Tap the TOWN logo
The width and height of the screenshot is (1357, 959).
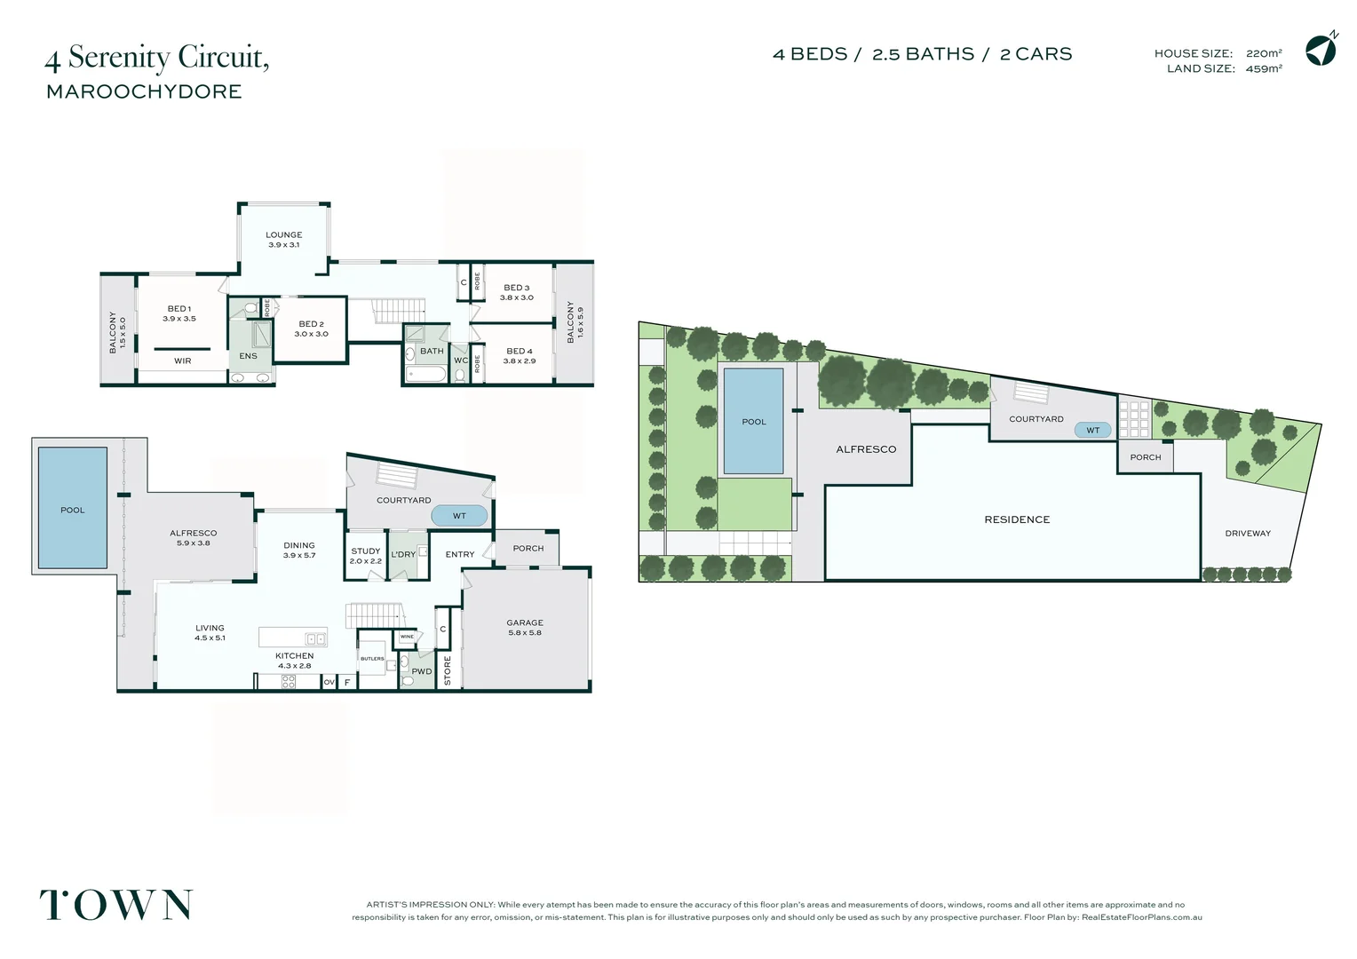pyautogui.click(x=115, y=905)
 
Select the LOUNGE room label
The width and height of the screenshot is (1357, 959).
pyautogui.click(x=283, y=235)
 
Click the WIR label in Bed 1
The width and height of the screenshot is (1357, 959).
pyautogui.click(x=182, y=361)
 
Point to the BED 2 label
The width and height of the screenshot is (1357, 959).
pyautogui.click(x=312, y=324)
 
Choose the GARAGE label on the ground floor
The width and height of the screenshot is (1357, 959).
pyautogui.click(x=525, y=622)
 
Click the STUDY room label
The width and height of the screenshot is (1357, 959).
pyautogui.click(x=365, y=551)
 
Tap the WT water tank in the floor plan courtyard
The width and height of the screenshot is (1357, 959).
pyautogui.click(x=459, y=516)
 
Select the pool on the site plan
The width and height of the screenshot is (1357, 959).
pyautogui.click(x=754, y=421)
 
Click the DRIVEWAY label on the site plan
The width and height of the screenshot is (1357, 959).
pyautogui.click(x=1248, y=534)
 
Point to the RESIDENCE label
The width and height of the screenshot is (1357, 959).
pyautogui.click(x=1017, y=519)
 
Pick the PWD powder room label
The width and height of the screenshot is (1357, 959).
pyautogui.click(x=422, y=671)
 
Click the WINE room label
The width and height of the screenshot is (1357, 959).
pyautogui.click(x=407, y=637)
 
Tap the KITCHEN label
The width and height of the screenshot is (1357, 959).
pyautogui.click(x=295, y=656)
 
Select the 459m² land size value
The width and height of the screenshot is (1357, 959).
pyautogui.click(x=1264, y=69)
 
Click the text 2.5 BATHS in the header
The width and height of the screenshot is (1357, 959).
pyautogui.click(x=924, y=54)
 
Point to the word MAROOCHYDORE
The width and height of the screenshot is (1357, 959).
pyautogui.click(x=144, y=91)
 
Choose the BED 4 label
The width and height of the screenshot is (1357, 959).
pyautogui.click(x=520, y=352)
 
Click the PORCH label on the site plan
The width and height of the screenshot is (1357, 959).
pyautogui.click(x=1146, y=457)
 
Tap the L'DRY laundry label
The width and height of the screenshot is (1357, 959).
pyautogui.click(x=403, y=555)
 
